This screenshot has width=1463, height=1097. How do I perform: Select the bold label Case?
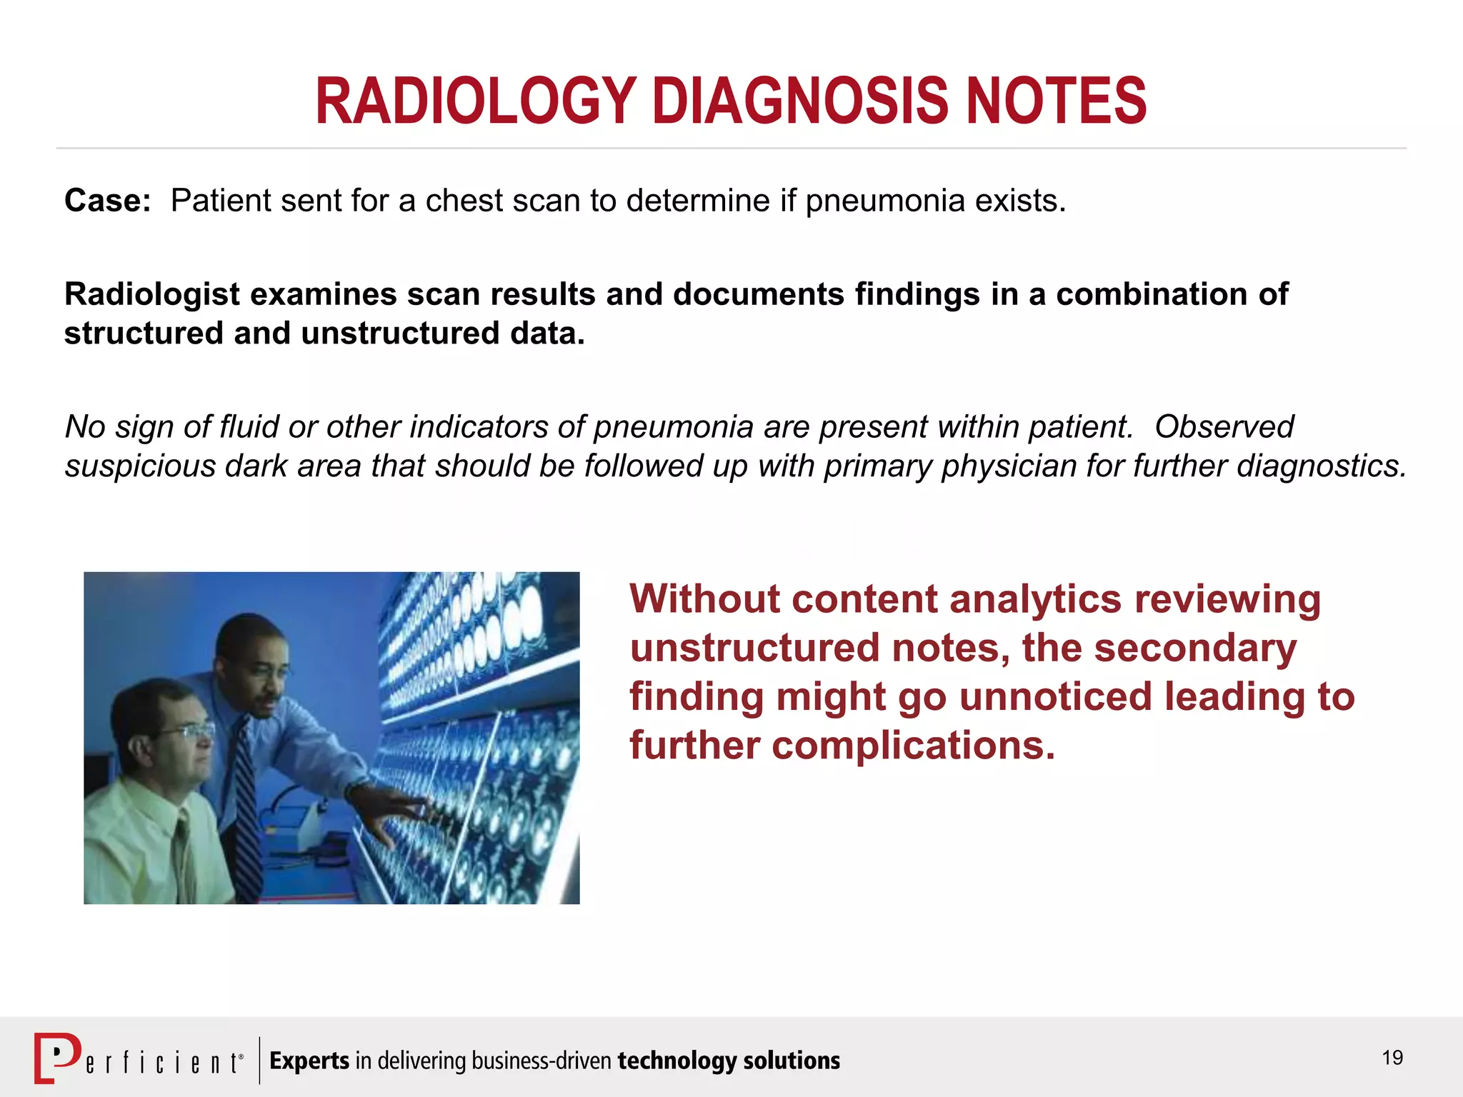107,201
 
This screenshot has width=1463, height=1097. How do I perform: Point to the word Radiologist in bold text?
151,294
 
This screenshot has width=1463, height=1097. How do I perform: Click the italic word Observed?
1224,427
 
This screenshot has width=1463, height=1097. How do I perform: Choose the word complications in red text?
913,746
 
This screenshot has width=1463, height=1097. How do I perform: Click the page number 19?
1392,1058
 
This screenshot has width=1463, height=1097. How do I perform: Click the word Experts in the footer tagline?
309,1061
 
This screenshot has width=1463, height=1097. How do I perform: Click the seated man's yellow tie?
184,857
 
